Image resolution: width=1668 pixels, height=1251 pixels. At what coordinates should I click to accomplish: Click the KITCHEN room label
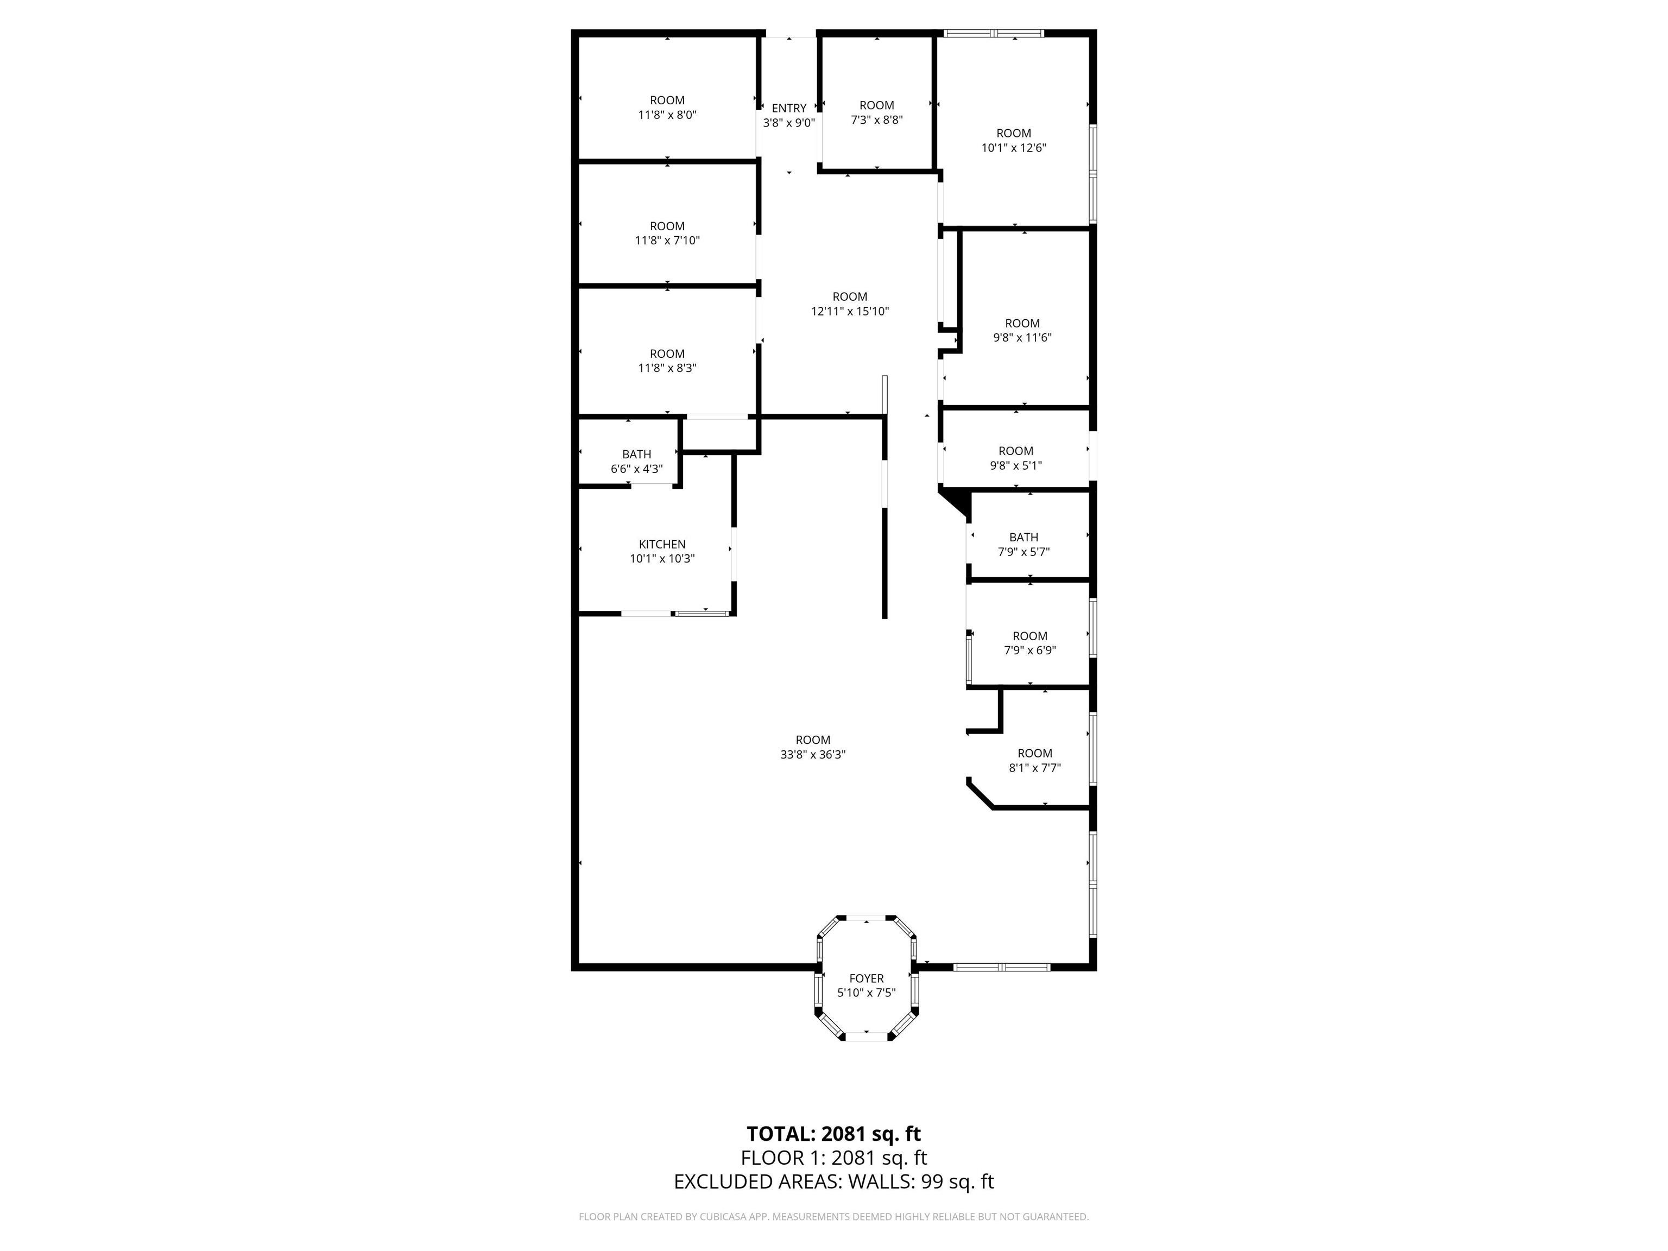tap(662, 545)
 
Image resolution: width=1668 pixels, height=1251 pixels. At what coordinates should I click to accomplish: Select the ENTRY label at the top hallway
tap(789, 109)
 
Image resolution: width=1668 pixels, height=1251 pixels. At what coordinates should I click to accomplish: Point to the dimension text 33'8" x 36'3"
tap(813, 755)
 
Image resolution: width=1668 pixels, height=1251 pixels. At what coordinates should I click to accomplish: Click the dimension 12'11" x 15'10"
tap(850, 312)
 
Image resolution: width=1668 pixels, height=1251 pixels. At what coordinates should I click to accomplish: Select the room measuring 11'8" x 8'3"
tap(667, 361)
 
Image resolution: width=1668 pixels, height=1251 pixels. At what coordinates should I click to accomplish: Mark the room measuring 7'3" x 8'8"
tap(876, 112)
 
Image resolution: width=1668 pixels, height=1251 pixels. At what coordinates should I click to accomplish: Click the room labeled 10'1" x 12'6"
tap(1014, 140)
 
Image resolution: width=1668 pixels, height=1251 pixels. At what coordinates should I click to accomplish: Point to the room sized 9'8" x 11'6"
tap(1022, 330)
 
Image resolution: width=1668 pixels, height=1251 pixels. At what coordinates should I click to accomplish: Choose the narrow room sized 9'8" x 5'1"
tap(1016, 458)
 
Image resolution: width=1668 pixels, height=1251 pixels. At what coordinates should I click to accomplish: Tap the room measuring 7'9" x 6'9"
tap(1029, 643)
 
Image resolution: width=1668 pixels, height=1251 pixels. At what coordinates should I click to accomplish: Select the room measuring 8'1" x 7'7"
tap(1034, 760)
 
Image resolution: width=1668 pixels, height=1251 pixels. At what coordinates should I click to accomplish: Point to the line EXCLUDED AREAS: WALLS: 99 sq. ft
tap(833, 1181)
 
